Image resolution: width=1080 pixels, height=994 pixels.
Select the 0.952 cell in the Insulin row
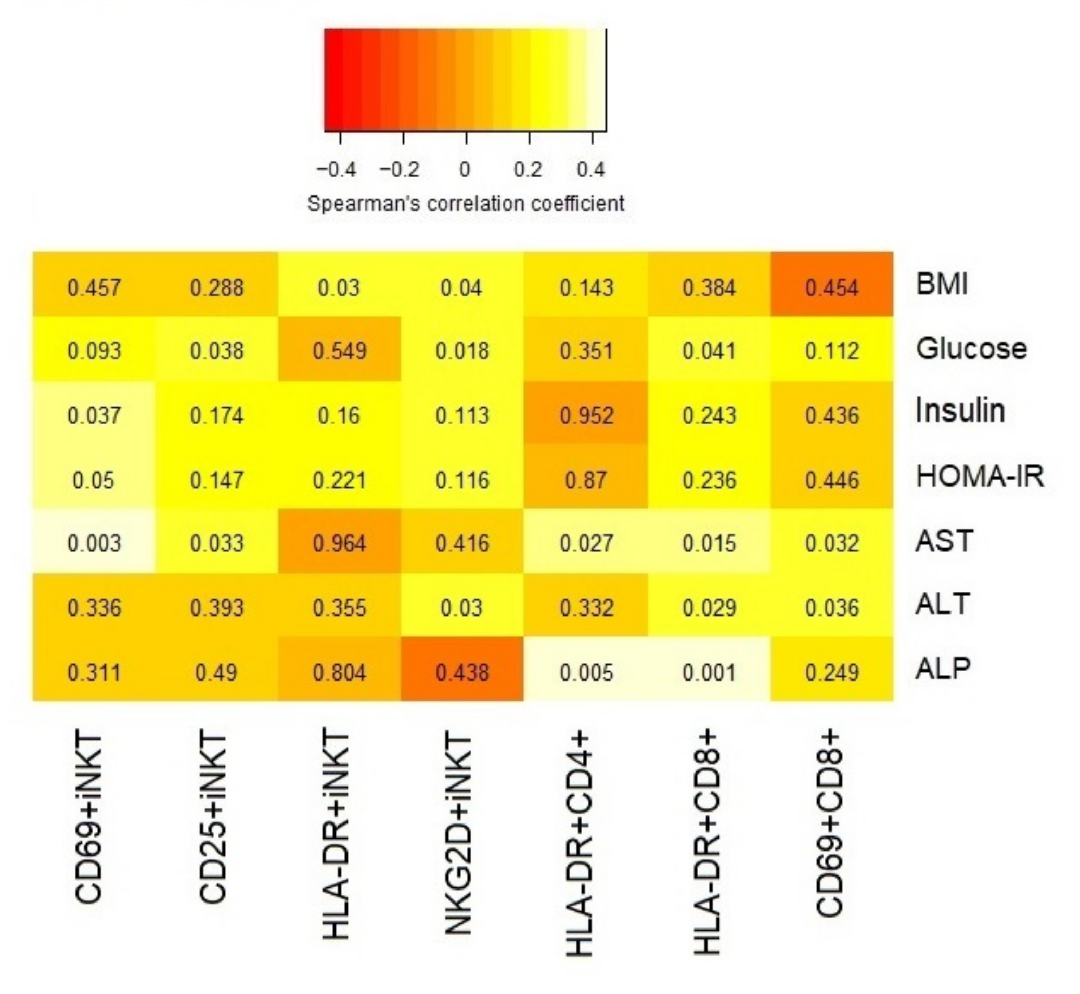(586, 415)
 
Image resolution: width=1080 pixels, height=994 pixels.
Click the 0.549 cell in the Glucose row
(340, 351)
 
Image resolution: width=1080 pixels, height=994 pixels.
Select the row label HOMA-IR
(980, 477)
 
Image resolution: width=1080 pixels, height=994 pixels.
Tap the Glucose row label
(971, 348)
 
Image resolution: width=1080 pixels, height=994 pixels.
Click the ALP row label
(943, 669)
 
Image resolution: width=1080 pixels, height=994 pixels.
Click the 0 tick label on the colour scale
(465, 170)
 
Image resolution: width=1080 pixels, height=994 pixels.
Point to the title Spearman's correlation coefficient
(466, 204)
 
